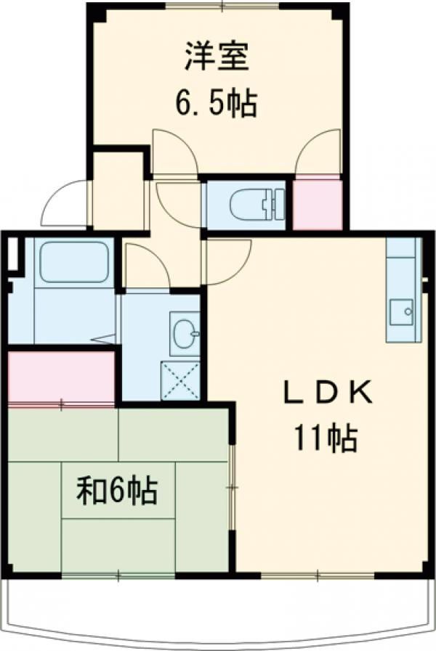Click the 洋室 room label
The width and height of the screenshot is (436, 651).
click(216, 57)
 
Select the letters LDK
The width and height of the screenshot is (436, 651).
click(327, 393)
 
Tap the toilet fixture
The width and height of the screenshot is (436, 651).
click(257, 204)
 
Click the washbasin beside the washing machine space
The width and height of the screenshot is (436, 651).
click(185, 333)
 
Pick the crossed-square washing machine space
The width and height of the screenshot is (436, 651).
click(180, 381)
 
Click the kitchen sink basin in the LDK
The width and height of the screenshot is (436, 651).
click(401, 312)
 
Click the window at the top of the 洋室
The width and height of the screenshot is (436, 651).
click(222, 6)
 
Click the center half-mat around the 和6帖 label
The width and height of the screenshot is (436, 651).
click(118, 491)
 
